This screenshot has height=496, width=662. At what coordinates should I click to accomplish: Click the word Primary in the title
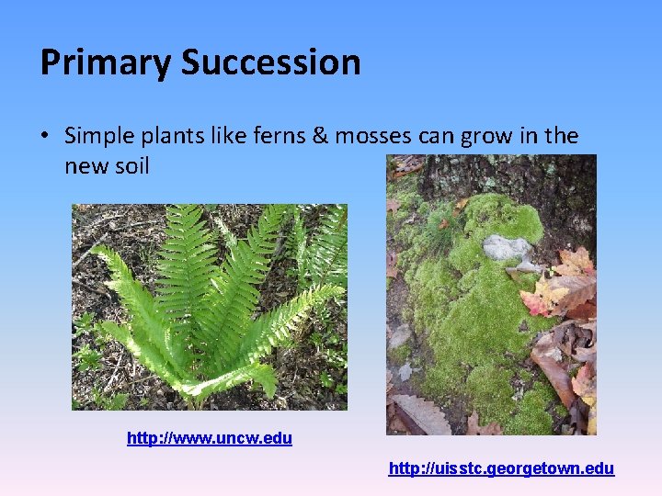tap(106, 63)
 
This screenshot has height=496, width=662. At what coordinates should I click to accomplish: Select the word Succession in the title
tap(271, 63)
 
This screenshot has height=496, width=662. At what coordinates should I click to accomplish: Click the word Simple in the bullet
tap(100, 137)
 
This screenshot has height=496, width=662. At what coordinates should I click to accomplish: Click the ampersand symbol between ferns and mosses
tap(322, 137)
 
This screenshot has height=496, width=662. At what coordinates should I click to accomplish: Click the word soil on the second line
tap(130, 166)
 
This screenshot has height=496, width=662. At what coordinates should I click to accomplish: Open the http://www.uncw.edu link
tap(210, 439)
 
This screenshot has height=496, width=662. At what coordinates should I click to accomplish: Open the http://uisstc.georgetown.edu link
tap(501, 469)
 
